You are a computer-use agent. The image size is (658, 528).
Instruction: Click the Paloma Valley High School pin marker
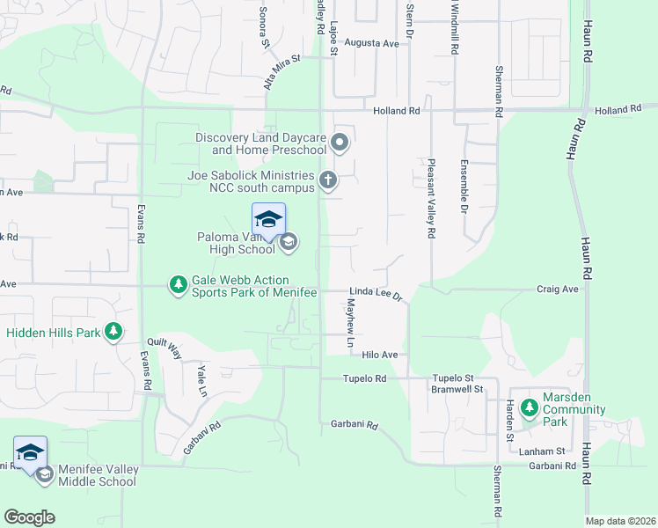268,220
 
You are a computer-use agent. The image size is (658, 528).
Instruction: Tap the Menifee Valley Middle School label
98,475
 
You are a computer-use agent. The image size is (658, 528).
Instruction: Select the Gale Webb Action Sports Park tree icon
179,284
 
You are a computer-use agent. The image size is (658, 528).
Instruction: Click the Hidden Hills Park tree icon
113,332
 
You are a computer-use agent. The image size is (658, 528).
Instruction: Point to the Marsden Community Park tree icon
529,408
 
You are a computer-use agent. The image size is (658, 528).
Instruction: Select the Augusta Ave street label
371,42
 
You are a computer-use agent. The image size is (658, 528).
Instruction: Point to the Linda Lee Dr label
376,293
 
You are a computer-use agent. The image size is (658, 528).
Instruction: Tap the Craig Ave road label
557,289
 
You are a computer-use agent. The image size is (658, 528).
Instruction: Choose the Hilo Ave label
380,355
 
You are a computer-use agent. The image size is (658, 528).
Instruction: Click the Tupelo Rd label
365,378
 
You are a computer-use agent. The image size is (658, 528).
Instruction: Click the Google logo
29,517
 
